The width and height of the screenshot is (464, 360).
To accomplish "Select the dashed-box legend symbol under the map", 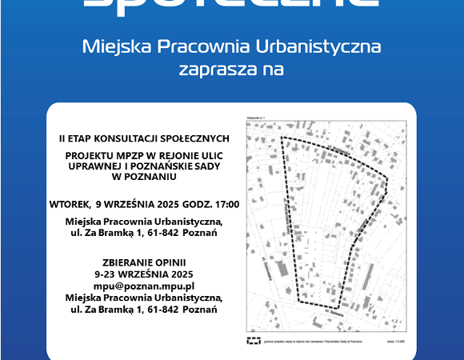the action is point(255,340).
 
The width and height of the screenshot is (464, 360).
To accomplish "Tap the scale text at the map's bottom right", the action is point(394,341).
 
